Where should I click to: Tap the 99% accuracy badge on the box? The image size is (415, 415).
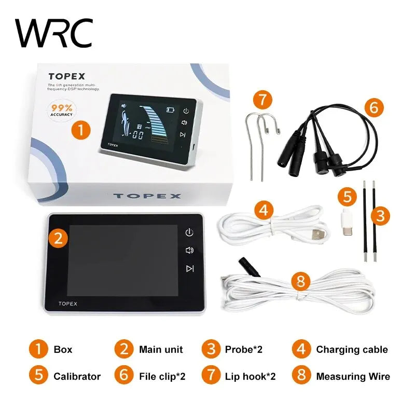[62, 110]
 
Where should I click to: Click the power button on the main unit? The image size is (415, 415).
[190, 232]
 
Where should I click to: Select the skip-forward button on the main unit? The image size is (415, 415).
[190, 268]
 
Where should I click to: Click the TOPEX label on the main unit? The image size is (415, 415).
[67, 303]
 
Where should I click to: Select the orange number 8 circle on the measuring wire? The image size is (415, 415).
[301, 282]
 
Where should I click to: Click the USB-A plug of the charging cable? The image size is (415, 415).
[320, 236]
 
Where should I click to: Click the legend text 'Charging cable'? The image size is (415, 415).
[352, 350]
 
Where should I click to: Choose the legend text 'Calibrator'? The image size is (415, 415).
[77, 376]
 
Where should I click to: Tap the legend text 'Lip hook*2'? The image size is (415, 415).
[250, 376]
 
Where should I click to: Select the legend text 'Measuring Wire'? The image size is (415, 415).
[353, 376]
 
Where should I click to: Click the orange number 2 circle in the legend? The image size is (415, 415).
[123, 349]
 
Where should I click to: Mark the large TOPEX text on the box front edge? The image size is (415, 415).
[147, 196]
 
